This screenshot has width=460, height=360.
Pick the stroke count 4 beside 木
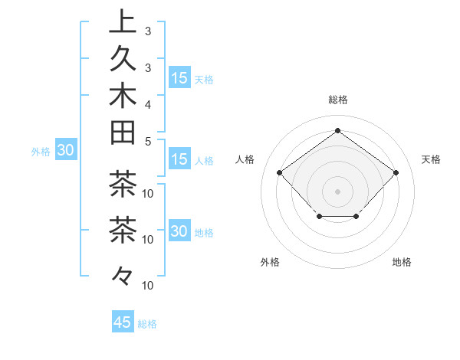(x=147, y=103)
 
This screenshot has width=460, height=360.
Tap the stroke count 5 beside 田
(x=147, y=140)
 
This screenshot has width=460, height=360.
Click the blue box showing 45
(x=123, y=322)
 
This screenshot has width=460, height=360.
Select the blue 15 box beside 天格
(x=179, y=78)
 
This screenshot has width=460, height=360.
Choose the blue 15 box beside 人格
(x=179, y=159)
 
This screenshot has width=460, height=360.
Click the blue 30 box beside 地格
(x=179, y=232)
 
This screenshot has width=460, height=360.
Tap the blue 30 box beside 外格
(x=65, y=151)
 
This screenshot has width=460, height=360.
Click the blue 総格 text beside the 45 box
(x=147, y=324)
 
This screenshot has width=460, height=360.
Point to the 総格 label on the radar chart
(x=337, y=100)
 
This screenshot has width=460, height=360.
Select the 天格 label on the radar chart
(x=431, y=159)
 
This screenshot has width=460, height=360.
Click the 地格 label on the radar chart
(x=402, y=262)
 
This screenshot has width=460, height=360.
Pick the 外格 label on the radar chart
(x=270, y=262)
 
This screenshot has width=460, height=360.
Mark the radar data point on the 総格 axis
(x=337, y=131)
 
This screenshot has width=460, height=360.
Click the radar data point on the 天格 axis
(x=396, y=172)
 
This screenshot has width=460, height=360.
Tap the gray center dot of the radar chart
(x=337, y=191)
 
